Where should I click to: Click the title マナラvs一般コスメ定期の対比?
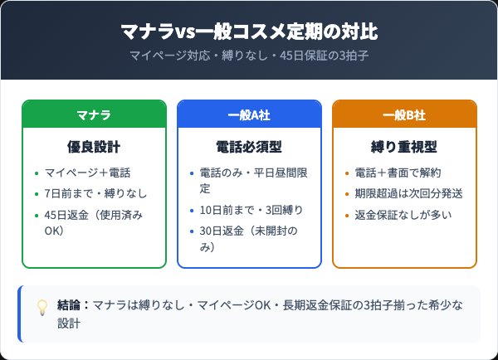pyautogui.click(x=249, y=32)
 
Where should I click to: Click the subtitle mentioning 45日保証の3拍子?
pyautogui.click(x=249, y=56)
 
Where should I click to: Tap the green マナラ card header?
pyautogui.click(x=94, y=114)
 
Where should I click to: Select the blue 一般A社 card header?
pyautogui.click(x=249, y=114)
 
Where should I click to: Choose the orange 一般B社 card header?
pyautogui.click(x=404, y=114)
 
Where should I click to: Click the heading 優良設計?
pyautogui.click(x=94, y=147)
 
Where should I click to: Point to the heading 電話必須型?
pyautogui.click(x=249, y=147)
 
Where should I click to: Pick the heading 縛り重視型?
pyautogui.click(x=404, y=147)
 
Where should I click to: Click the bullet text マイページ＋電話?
pyautogui.click(x=87, y=173)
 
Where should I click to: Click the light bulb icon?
pyautogui.click(x=41, y=307)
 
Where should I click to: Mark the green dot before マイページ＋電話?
pyautogui.click(x=36, y=174)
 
